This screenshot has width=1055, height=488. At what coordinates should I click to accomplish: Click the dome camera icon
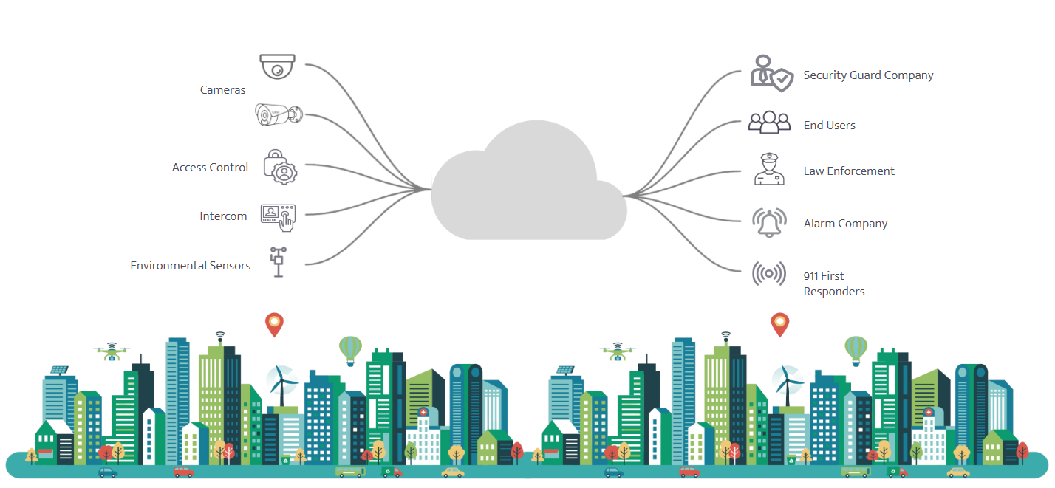[278, 66]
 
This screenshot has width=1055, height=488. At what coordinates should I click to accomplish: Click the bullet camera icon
[279, 114]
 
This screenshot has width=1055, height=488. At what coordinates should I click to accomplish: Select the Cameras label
[222, 90]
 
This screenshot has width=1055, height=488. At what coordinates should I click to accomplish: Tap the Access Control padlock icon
[279, 166]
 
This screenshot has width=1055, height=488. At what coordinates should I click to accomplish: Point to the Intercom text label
[223, 216]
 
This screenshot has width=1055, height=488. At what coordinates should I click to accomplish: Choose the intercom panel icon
[279, 216]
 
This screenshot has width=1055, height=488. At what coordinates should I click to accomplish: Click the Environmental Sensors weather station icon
[279, 262]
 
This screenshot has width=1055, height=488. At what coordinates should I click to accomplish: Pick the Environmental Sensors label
[191, 266]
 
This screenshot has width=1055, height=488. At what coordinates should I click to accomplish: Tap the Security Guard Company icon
[771, 72]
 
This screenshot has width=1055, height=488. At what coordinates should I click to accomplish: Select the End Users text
[829, 126]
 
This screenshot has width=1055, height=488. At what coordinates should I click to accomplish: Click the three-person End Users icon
[769, 123]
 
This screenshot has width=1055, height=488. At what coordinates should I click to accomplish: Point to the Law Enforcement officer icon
[769, 169]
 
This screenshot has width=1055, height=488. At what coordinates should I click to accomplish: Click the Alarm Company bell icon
[769, 222]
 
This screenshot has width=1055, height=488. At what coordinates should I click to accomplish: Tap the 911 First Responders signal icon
[769, 274]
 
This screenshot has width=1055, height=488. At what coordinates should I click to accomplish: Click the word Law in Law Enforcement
[814, 171]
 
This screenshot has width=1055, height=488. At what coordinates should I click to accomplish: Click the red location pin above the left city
[274, 324]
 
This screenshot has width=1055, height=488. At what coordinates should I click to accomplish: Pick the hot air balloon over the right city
[856, 349]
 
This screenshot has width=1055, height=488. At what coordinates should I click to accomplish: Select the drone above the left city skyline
[112, 351]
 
